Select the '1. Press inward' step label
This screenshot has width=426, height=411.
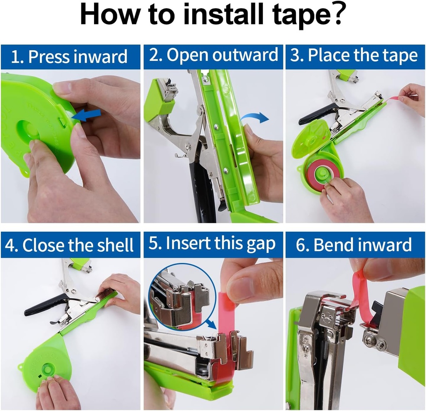(70, 57)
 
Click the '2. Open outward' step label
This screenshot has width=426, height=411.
(213, 56)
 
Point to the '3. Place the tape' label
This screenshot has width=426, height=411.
(354, 56)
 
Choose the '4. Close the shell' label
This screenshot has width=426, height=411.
(70, 245)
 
